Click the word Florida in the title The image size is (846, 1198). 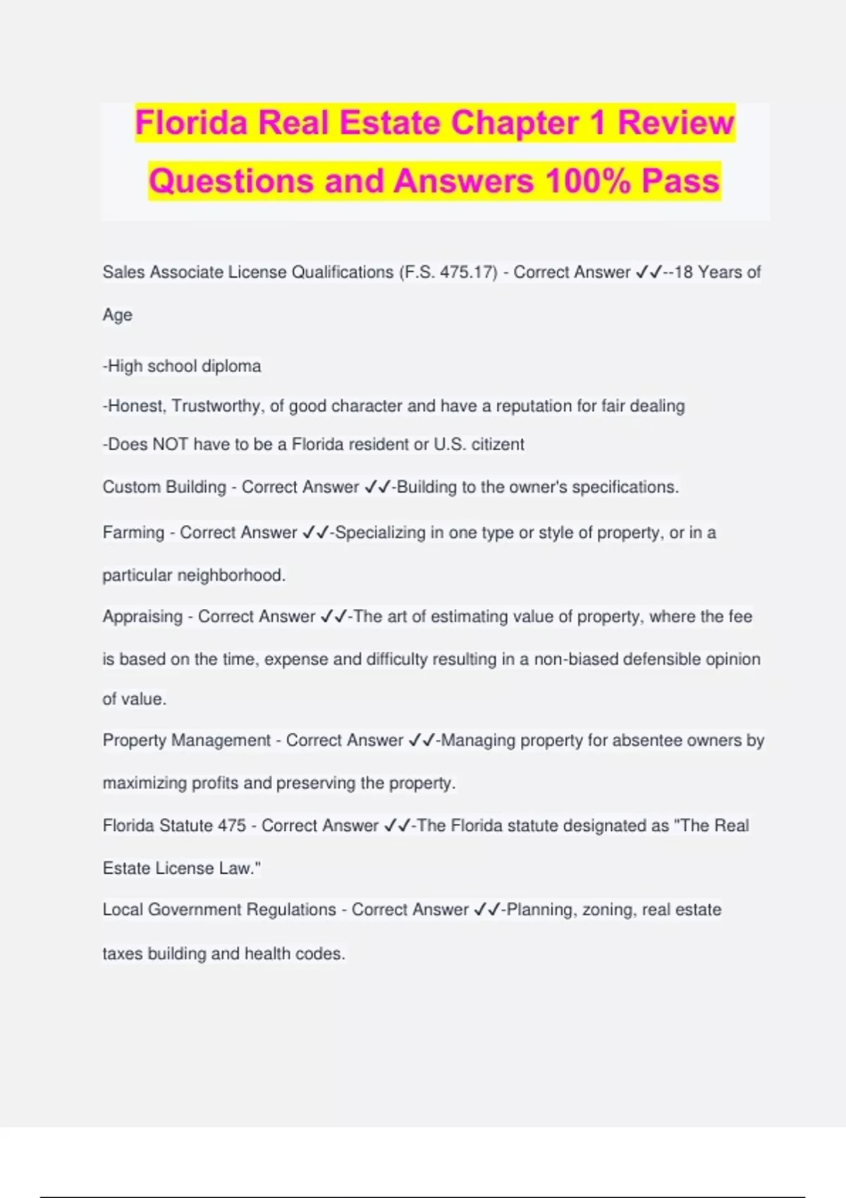click(x=190, y=123)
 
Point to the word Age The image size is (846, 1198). click(x=117, y=315)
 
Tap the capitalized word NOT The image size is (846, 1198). click(x=170, y=445)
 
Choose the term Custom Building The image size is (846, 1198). click(x=164, y=487)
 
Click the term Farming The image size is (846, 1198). click(x=133, y=533)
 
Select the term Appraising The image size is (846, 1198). click(x=142, y=617)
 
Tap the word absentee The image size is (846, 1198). click(x=648, y=741)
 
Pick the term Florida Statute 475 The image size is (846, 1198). click(x=174, y=826)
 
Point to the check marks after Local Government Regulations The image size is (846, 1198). click(x=487, y=910)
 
